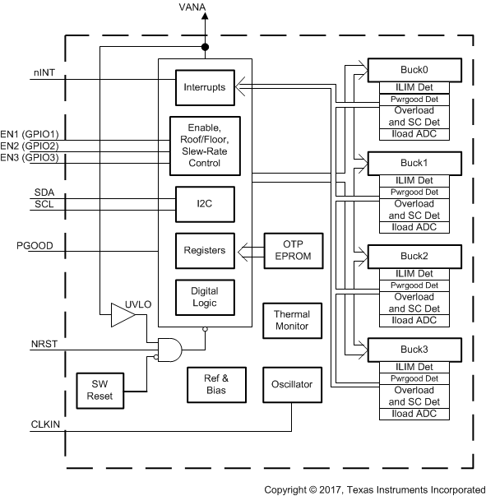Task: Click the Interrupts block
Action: (x=204, y=86)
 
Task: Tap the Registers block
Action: (x=204, y=250)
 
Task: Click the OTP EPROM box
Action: (x=293, y=250)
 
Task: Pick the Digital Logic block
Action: (x=204, y=297)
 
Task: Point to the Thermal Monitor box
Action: (x=291, y=320)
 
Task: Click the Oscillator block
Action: (x=291, y=384)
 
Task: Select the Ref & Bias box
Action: (x=215, y=384)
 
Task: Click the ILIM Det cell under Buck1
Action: (x=414, y=179)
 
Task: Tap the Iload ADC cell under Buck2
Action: (x=414, y=320)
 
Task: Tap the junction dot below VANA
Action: (x=205, y=47)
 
